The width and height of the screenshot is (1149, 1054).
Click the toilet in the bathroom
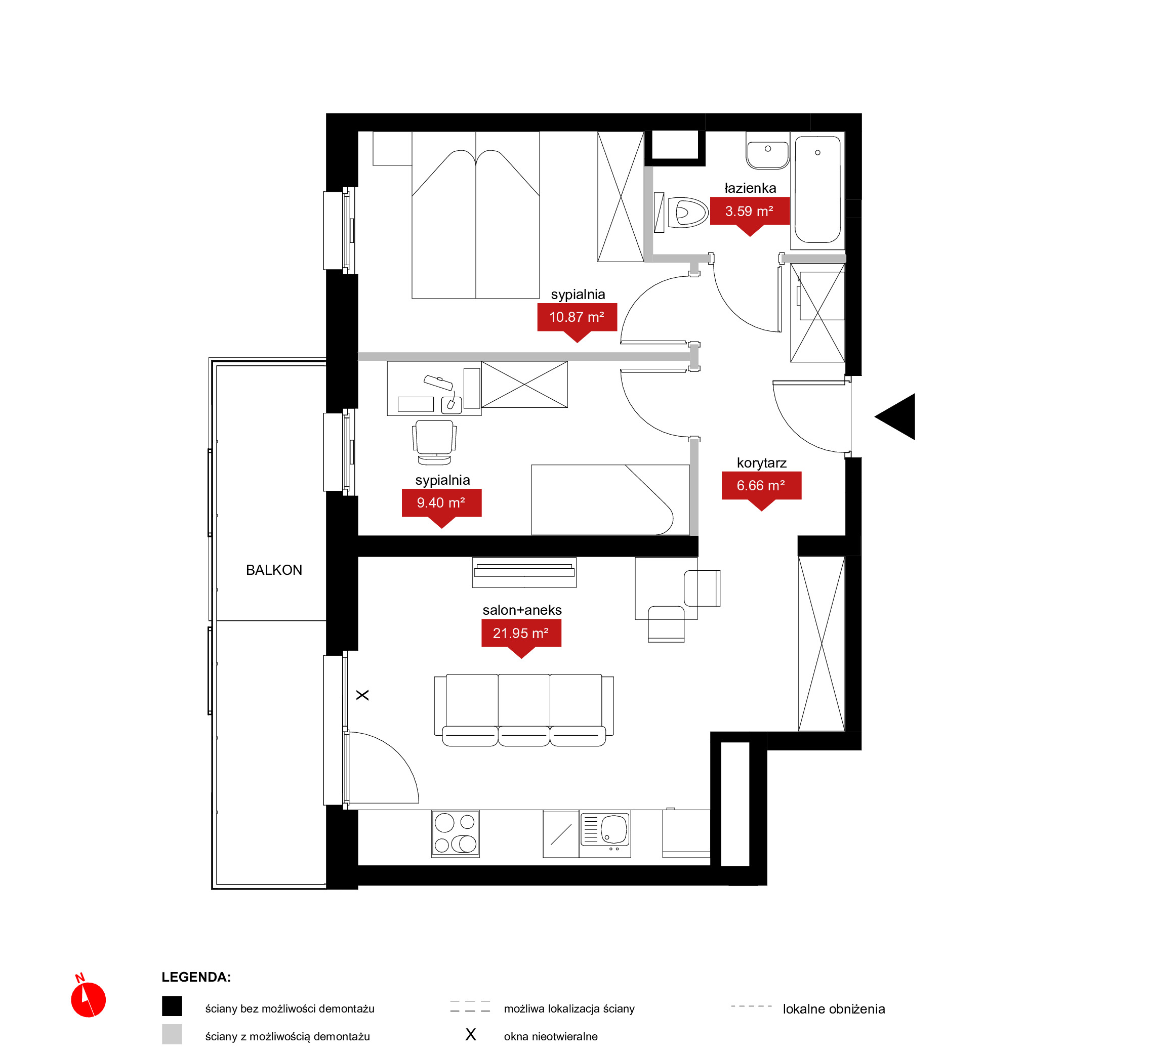[687, 213]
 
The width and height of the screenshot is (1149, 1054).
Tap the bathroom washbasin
[767, 151]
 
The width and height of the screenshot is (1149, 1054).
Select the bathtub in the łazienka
[817, 190]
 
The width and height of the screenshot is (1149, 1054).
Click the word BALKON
[274, 570]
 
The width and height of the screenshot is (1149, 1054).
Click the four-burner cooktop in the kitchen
[455, 833]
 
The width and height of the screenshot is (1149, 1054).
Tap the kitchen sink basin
[614, 829]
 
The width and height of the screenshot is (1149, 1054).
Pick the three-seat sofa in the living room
[524, 710]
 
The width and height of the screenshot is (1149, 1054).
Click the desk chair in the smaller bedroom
[434, 442]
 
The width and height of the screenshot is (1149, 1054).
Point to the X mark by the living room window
[362, 695]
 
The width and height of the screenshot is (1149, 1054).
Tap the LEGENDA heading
[196, 977]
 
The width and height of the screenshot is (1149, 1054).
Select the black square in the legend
[172, 1006]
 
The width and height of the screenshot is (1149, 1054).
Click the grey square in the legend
[172, 1034]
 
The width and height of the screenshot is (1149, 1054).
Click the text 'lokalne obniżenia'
[834, 1009]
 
